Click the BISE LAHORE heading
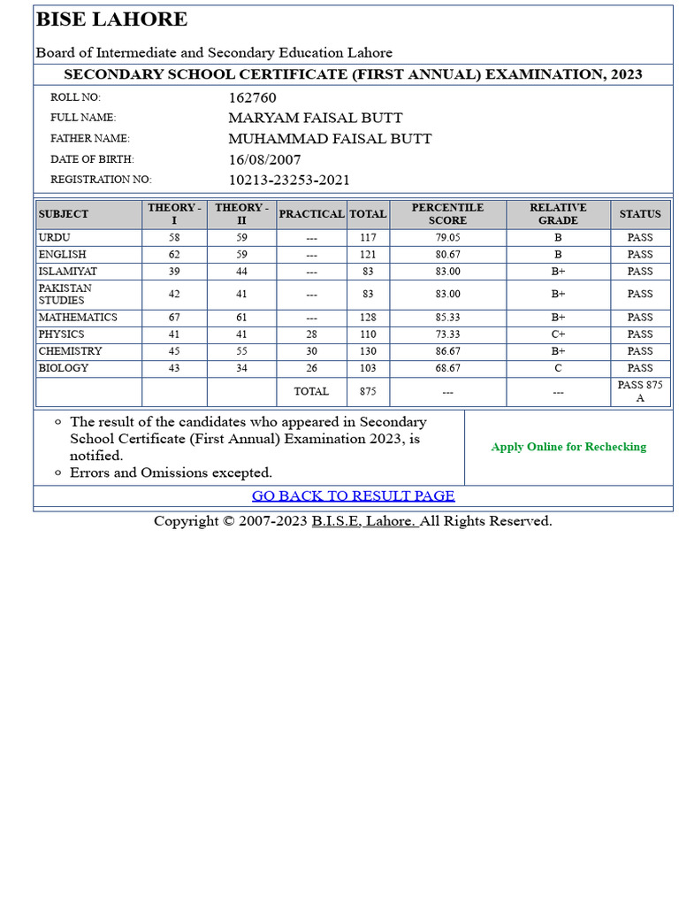pyautogui.click(x=111, y=19)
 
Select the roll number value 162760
pyautogui.click(x=252, y=97)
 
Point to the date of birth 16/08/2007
pyautogui.click(x=264, y=159)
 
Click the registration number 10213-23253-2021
pyautogui.click(x=289, y=180)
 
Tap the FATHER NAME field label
pyautogui.click(x=89, y=139)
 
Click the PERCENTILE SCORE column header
pyautogui.click(x=447, y=214)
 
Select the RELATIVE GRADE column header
pyautogui.click(x=558, y=214)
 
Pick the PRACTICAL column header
pyautogui.click(x=311, y=214)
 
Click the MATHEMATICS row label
pyautogui.click(x=78, y=318)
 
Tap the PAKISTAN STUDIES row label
pyautogui.click(x=65, y=294)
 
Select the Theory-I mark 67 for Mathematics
pyautogui.click(x=174, y=318)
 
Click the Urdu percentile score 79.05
pyautogui.click(x=447, y=238)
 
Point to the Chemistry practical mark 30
pyautogui.click(x=311, y=351)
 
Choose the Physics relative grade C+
pyautogui.click(x=558, y=334)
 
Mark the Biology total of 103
pyautogui.click(x=368, y=368)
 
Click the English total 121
pyautogui.click(x=368, y=255)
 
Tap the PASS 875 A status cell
pyautogui.click(x=640, y=391)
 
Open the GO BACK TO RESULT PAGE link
pyautogui.click(x=353, y=495)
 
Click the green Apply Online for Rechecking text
pyautogui.click(x=568, y=447)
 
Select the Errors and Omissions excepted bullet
pyautogui.click(x=171, y=472)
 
